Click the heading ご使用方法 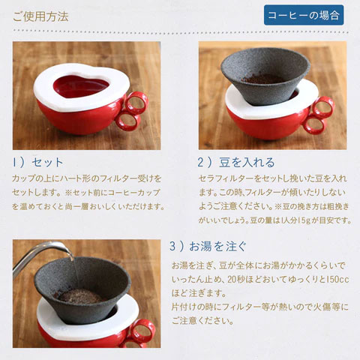pos(40,15)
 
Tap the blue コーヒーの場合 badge pos(304,15)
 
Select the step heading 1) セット pos(38,162)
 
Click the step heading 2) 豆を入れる pos(236,162)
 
